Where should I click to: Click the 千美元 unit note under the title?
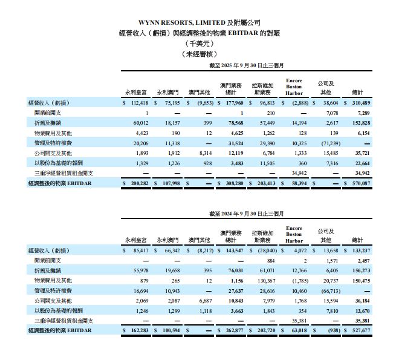pyautogui.click(x=199, y=44)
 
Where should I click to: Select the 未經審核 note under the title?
pyautogui.click(x=199, y=53)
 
